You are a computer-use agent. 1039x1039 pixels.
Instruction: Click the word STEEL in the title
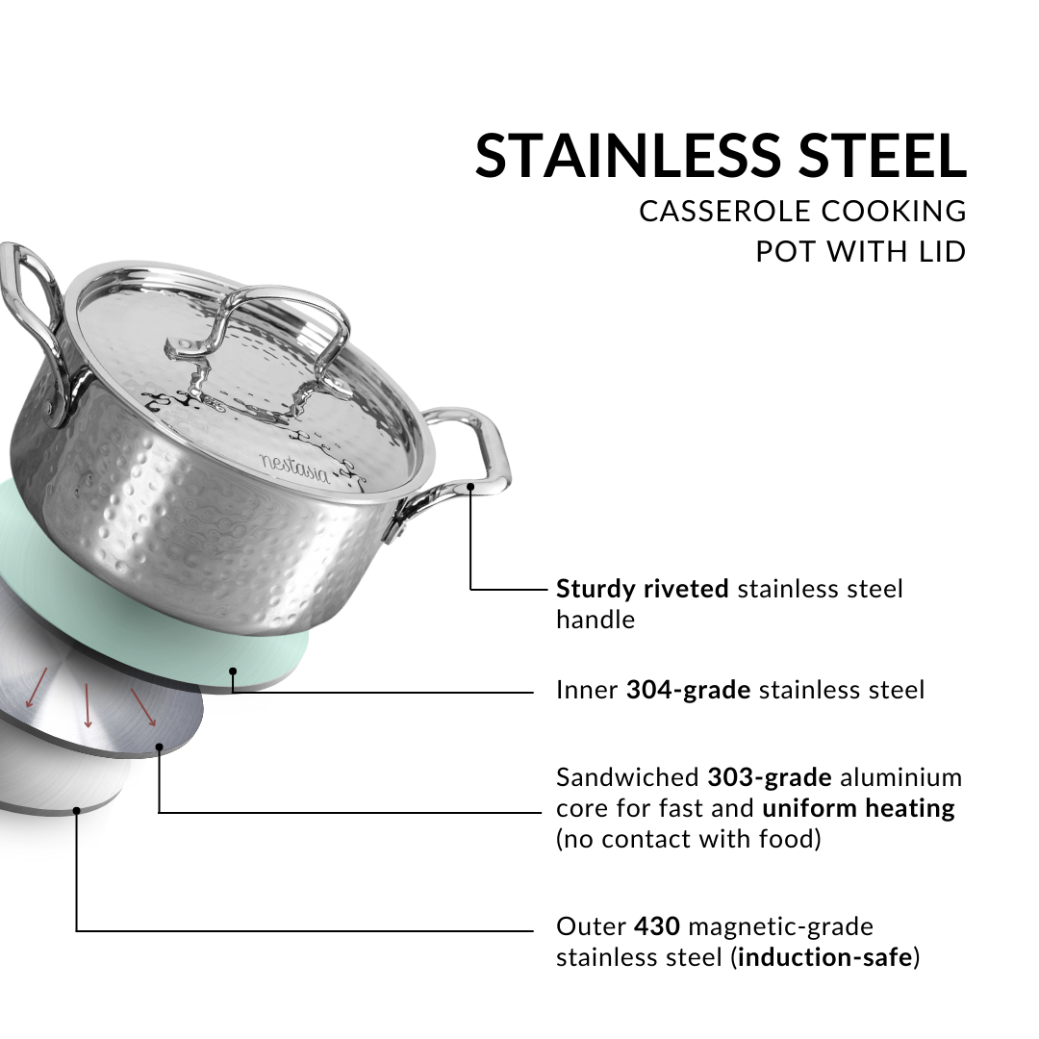point(882,156)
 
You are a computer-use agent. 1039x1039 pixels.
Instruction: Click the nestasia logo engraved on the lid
point(294,469)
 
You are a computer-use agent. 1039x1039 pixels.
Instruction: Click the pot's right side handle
point(457,464)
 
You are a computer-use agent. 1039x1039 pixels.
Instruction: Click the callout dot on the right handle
point(470,487)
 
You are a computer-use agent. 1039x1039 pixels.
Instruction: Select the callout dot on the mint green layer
point(233,672)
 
